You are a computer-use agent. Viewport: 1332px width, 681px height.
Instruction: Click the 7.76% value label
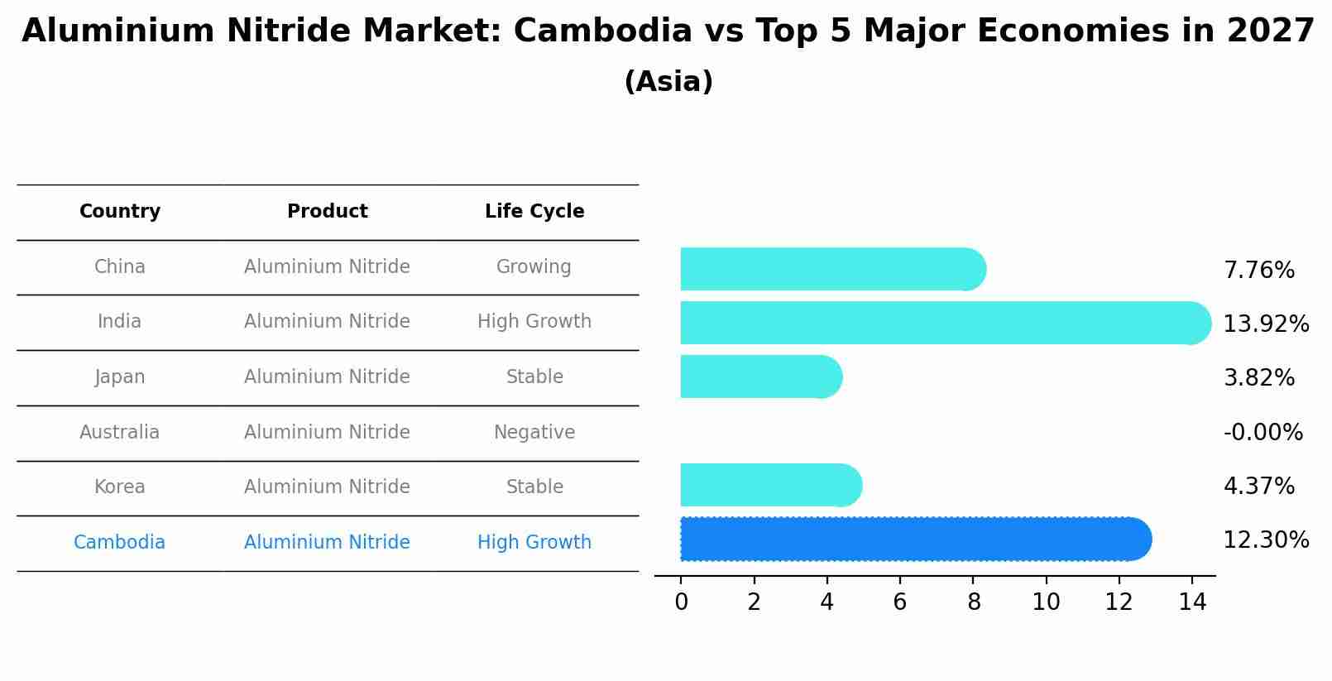[1258, 271]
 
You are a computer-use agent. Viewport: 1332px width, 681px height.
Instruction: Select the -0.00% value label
[1263, 433]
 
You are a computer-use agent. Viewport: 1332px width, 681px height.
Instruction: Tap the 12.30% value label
[1265, 540]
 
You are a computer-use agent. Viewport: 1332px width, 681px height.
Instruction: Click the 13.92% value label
[1265, 324]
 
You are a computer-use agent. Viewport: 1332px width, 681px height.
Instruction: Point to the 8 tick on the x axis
[973, 602]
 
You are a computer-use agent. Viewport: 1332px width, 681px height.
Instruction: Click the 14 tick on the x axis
[1192, 602]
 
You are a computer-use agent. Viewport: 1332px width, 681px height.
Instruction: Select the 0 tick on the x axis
[681, 602]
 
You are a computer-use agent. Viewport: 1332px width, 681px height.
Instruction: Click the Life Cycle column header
[534, 212]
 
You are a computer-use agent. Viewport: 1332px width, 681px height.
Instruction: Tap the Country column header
[120, 212]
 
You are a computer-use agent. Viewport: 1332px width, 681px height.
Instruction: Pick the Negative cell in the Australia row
[534, 433]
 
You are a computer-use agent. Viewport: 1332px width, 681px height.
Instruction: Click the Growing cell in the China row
[534, 267]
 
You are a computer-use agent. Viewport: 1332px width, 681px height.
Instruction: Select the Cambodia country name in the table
[120, 543]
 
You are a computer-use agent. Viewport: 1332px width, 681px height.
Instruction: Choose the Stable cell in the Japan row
[534, 377]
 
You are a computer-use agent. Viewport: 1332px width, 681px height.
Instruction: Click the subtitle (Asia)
[668, 82]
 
